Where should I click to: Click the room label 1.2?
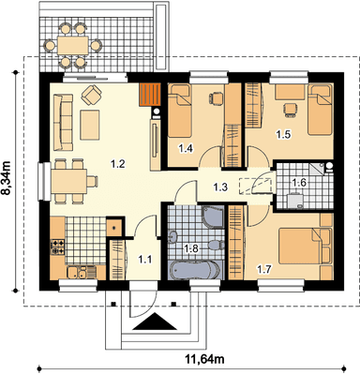click(x=118, y=163)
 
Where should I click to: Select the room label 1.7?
click(x=264, y=268)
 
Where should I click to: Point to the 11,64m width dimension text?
click(x=205, y=359)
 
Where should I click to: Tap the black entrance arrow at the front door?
click(x=155, y=322)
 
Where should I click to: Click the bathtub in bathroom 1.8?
click(x=195, y=270)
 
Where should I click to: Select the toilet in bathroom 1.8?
click(x=215, y=245)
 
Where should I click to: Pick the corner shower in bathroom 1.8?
click(x=213, y=217)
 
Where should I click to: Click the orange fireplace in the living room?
click(x=150, y=95)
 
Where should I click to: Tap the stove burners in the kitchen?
click(x=58, y=247)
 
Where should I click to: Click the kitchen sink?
click(x=77, y=273)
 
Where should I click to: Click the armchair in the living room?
click(x=91, y=95)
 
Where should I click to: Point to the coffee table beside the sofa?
click(x=90, y=125)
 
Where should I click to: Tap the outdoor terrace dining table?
click(x=73, y=46)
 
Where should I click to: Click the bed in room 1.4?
click(x=179, y=112)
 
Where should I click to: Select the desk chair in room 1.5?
click(x=290, y=110)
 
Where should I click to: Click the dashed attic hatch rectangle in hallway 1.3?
click(x=254, y=186)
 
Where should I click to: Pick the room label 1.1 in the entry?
click(x=145, y=259)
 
